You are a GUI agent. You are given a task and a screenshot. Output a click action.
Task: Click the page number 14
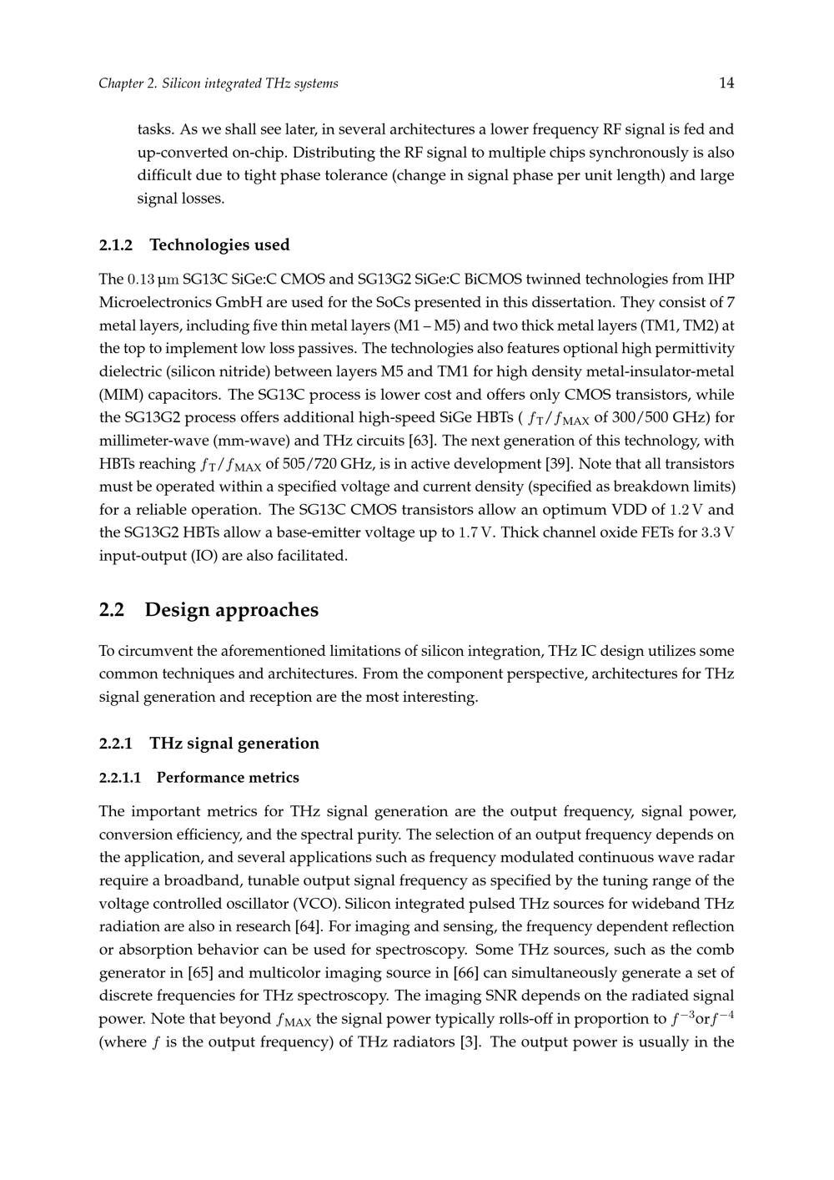[726, 83]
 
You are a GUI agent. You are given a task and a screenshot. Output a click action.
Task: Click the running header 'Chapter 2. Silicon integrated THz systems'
[219, 83]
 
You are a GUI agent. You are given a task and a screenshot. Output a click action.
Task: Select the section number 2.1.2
[116, 245]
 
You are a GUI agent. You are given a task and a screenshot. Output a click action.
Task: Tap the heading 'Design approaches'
[232, 610]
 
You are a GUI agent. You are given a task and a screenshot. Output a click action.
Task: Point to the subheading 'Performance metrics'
[228, 778]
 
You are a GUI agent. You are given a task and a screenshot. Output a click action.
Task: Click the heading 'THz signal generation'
[234, 744]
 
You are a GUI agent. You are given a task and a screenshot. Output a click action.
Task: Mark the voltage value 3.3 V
[718, 532]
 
